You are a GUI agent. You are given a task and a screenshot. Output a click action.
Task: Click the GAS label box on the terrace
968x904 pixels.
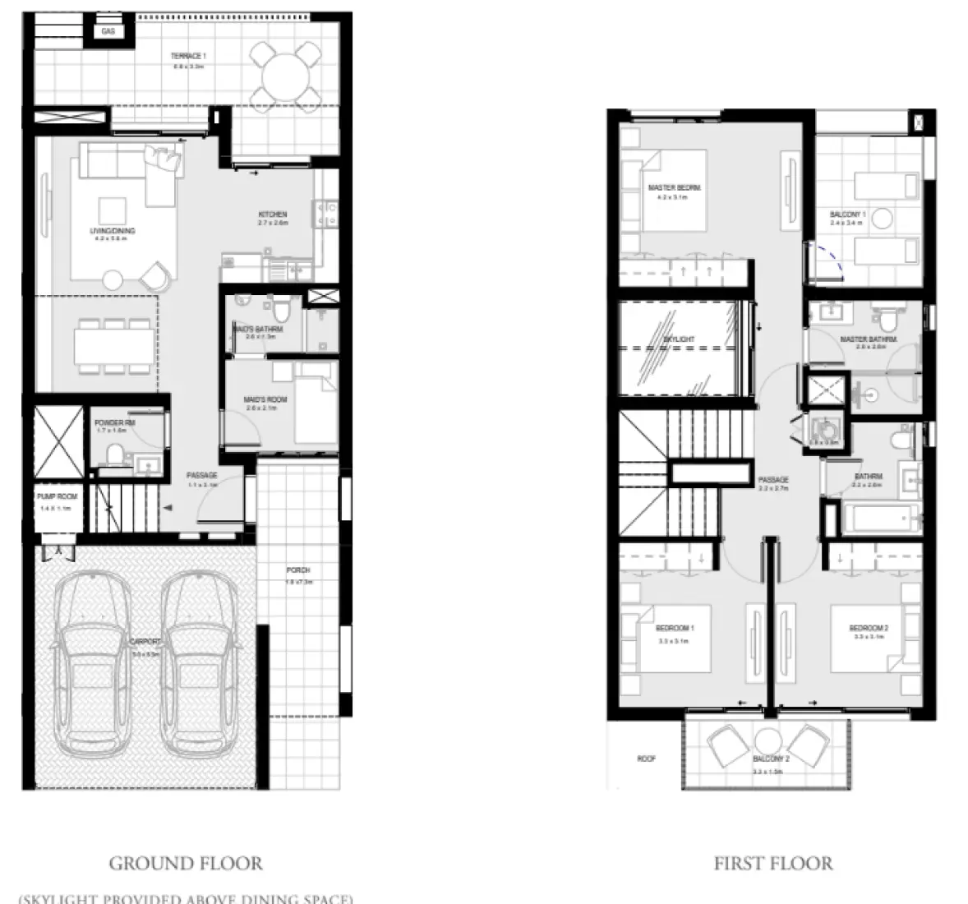108,31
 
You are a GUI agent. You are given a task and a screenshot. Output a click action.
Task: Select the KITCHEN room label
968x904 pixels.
273,214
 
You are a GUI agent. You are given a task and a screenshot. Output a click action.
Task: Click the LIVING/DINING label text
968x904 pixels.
113,231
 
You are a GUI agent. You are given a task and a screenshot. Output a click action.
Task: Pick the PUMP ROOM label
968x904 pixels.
57,497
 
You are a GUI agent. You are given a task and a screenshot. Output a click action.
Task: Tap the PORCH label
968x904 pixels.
297,570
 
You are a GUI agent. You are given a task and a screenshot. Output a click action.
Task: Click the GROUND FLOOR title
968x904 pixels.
186,864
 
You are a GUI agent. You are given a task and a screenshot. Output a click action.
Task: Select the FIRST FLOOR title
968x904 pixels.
772,864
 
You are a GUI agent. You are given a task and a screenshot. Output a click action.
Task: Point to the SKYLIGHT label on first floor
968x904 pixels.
679,339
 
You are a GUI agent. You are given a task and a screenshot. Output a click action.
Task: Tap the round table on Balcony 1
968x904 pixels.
882,219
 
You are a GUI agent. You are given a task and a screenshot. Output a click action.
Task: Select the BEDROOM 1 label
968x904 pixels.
675,629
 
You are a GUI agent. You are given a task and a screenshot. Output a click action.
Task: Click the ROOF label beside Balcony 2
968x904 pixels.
646,759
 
